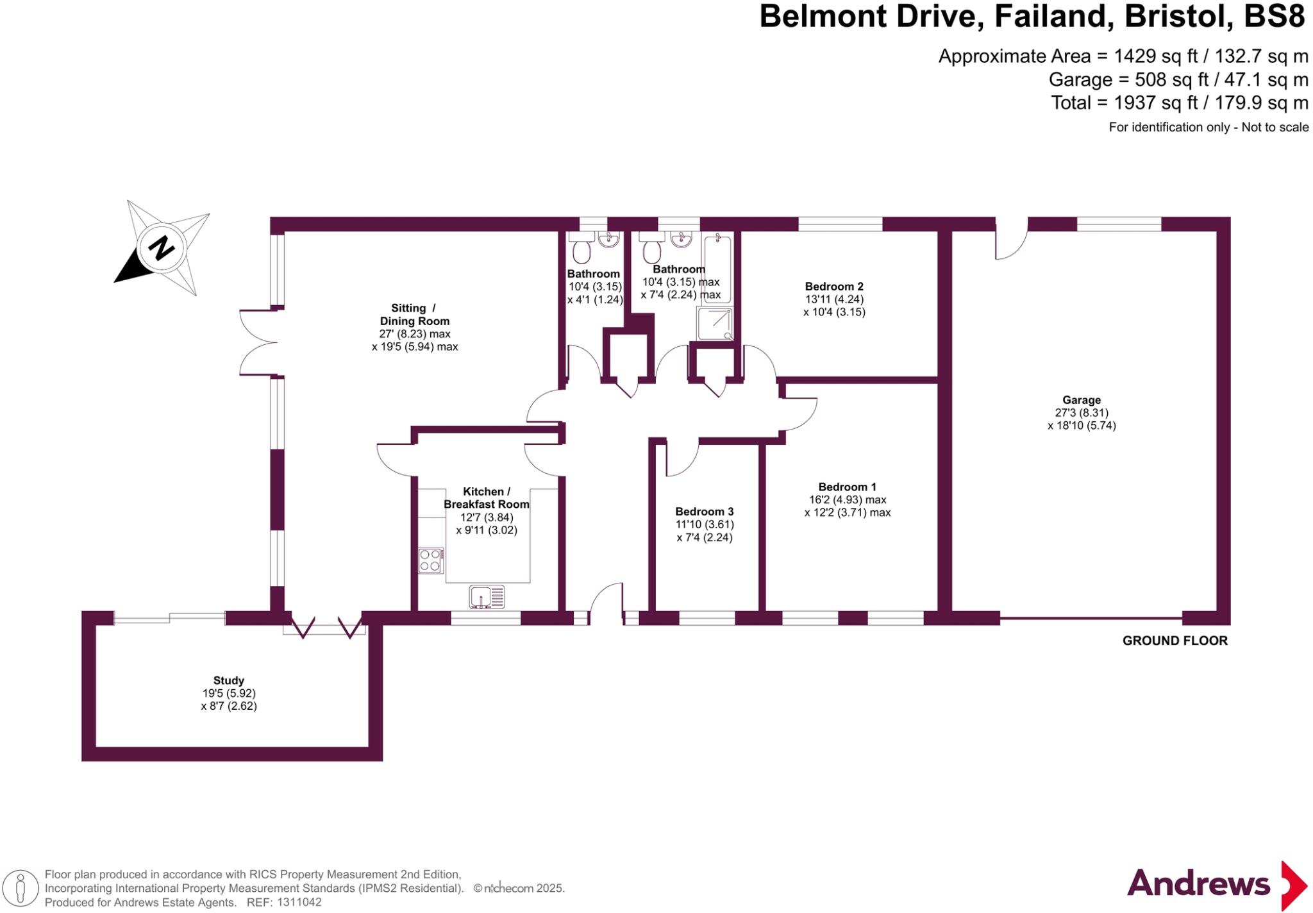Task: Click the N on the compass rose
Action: point(162,247)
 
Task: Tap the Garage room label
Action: point(1082,400)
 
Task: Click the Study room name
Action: point(229,680)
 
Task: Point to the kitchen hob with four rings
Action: point(431,560)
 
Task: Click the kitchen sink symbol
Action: point(487,597)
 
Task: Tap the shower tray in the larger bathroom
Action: point(715,324)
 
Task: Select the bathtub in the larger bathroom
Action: point(717,269)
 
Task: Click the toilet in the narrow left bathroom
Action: point(581,251)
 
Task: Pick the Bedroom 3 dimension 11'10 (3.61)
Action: point(705,524)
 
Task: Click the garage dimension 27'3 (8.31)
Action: point(1082,413)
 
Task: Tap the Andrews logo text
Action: point(1198,884)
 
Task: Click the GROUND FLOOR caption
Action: point(1175,641)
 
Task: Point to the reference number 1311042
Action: point(299,902)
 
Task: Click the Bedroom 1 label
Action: point(847,487)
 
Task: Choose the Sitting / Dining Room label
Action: point(414,315)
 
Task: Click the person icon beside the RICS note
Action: point(21,888)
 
